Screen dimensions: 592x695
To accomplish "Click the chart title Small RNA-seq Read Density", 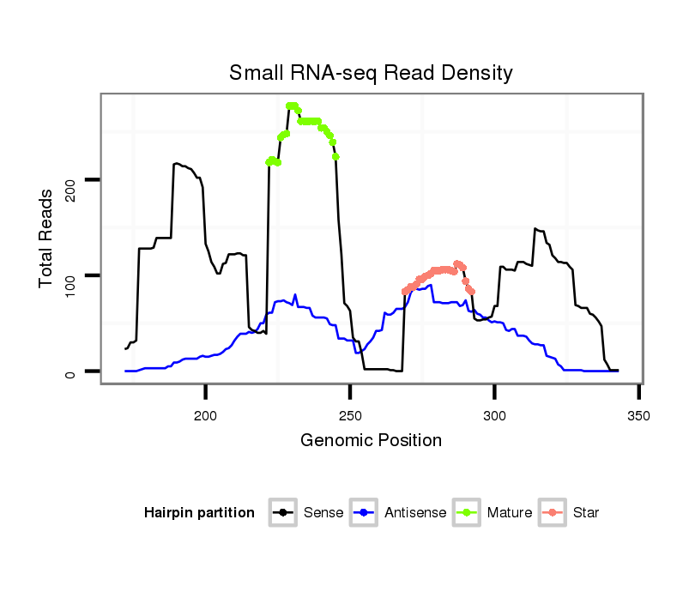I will [x=371, y=73].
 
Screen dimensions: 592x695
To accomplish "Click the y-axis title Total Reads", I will [x=48, y=238].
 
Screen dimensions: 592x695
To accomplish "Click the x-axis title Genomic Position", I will [x=371, y=441].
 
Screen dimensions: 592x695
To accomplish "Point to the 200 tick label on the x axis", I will [x=205, y=416].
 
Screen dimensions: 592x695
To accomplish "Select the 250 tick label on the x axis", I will [x=350, y=416].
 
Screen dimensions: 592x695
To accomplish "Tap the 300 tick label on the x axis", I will [x=494, y=416].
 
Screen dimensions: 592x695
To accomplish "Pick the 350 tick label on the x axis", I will [x=639, y=416].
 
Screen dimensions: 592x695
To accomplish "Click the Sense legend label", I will [x=323, y=513].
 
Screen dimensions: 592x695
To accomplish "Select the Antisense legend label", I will [x=415, y=513].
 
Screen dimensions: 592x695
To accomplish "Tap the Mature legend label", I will [x=510, y=513].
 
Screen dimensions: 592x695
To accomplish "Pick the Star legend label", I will [x=587, y=513].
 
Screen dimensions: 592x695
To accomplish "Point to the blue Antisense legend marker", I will [x=365, y=513].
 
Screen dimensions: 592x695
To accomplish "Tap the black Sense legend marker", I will [x=282, y=513].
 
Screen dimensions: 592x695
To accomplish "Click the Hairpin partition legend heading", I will [x=199, y=513].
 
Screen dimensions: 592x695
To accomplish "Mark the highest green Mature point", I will [x=292, y=106].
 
